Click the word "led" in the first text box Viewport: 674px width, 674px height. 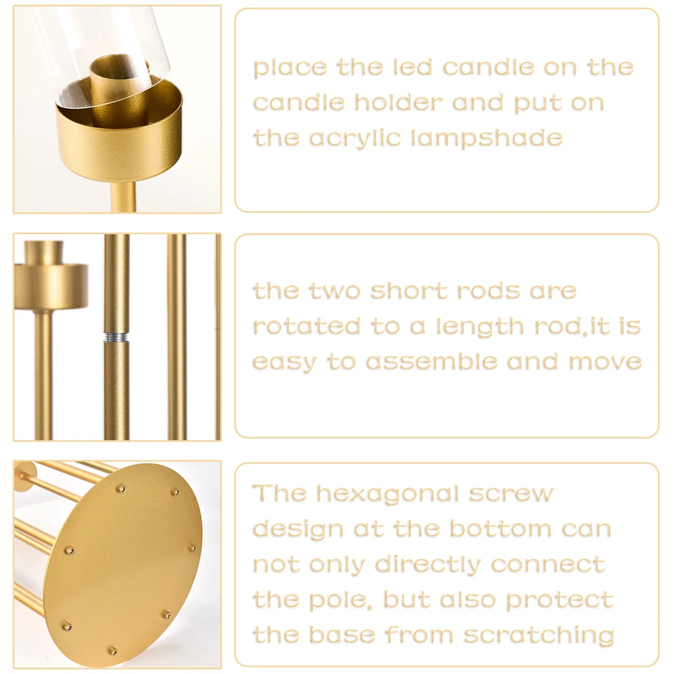click(x=412, y=67)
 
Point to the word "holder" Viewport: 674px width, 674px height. click(x=399, y=103)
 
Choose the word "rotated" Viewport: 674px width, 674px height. click(x=306, y=326)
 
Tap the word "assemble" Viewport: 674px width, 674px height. click(x=431, y=362)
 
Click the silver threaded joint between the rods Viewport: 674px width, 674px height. click(x=117, y=337)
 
